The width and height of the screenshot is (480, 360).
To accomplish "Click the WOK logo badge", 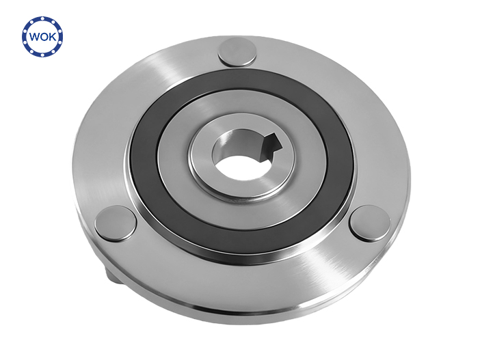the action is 42,36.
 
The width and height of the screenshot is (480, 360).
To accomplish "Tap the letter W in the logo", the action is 35,37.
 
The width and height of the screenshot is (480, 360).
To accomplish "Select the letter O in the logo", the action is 44,37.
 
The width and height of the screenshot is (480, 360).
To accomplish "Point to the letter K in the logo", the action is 52,37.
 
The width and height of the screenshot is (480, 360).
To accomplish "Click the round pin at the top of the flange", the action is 237,52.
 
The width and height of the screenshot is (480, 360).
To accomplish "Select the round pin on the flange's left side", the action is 115,223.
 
